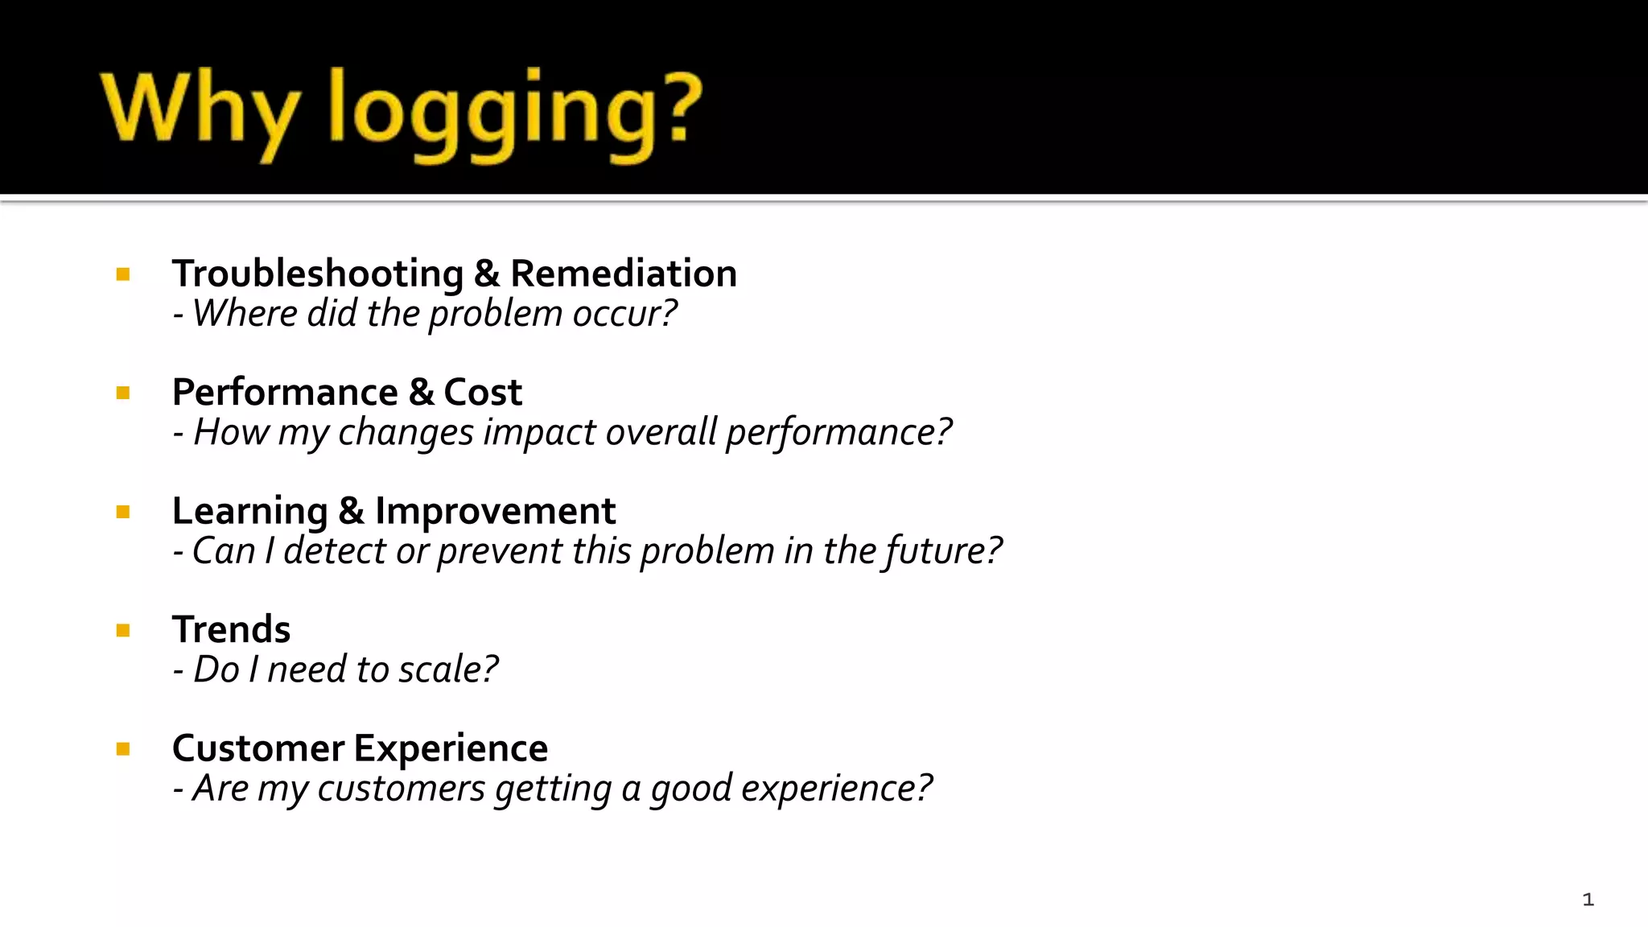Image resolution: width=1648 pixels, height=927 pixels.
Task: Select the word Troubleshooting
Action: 318,274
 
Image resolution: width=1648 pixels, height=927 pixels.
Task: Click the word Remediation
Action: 624,274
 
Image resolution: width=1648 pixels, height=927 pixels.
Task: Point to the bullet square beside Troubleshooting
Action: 123,275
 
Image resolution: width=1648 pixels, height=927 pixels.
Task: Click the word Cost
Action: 483,393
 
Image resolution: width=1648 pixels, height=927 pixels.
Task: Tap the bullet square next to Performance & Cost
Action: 123,393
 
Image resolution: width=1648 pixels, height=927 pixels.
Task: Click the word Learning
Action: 250,512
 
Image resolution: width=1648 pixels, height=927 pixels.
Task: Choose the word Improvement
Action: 495,511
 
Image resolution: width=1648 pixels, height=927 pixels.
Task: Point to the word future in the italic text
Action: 933,551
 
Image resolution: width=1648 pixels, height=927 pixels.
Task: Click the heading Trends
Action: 231,629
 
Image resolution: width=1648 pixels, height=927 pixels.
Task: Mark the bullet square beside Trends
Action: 123,631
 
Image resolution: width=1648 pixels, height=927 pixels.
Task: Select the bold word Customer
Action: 258,748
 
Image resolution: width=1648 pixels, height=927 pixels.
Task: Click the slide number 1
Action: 1588,900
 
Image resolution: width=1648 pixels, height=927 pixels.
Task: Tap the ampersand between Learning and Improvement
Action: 351,511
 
